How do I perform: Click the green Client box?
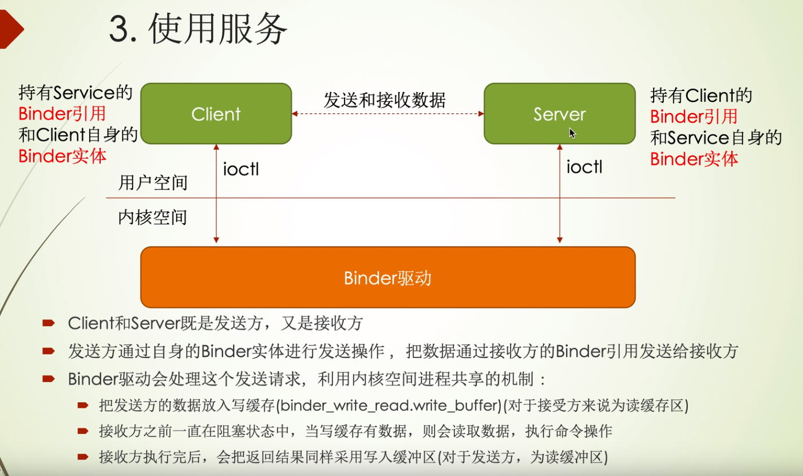[216, 114]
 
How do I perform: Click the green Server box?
[560, 114]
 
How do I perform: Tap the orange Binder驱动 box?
[388, 277]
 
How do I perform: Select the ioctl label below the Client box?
[241, 169]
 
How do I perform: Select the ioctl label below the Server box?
[584, 166]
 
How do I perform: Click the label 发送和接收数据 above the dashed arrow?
[385, 100]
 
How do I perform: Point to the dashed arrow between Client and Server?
[388, 114]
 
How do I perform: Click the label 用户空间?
[153, 183]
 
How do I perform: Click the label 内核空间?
[153, 217]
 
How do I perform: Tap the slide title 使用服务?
[217, 29]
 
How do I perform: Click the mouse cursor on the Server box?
[572, 133]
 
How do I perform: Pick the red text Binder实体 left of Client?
[62, 156]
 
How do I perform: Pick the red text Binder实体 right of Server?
[694, 159]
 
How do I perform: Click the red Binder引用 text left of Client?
[62, 114]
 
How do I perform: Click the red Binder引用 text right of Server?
[694, 117]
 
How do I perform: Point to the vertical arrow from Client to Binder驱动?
[216, 193]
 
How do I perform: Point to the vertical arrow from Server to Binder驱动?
[560, 193]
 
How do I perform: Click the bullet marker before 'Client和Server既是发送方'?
[49, 323]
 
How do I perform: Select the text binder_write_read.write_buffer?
[390, 406]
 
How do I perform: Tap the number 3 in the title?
[118, 29]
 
